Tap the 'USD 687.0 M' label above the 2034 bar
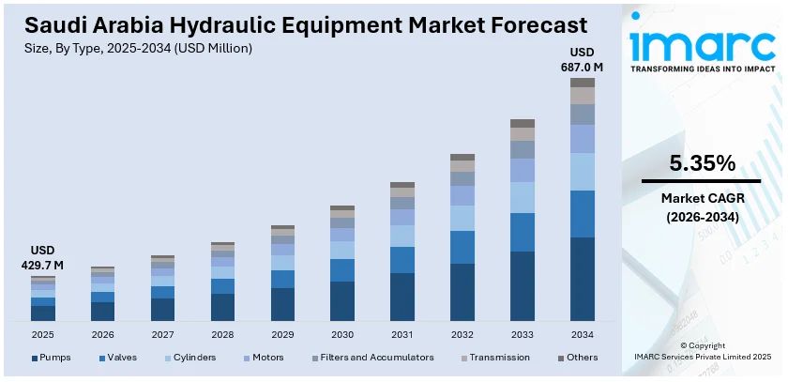click(x=583, y=58)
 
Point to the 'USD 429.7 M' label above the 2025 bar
click(x=42, y=258)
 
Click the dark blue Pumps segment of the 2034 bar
click(x=583, y=279)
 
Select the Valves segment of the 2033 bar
click(x=523, y=232)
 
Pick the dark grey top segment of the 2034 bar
click(x=583, y=83)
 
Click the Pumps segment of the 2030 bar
click(x=342, y=300)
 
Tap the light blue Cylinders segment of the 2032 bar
click(x=462, y=218)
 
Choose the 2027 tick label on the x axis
click(x=162, y=334)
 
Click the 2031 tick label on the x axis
click(x=402, y=334)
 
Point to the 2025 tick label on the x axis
click(x=42, y=334)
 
